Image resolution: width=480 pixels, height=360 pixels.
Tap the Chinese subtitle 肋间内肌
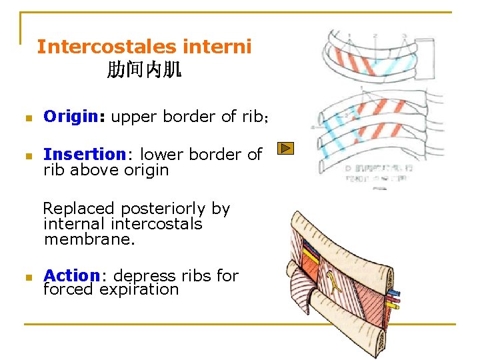(x=144, y=69)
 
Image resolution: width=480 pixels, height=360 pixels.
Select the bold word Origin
(x=70, y=117)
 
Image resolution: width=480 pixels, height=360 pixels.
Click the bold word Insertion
(x=84, y=154)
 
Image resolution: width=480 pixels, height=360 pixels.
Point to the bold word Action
(x=71, y=275)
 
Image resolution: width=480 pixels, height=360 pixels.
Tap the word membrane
(x=89, y=239)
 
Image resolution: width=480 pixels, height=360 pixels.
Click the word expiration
(x=139, y=290)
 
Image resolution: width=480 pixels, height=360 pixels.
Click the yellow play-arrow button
(x=285, y=149)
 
